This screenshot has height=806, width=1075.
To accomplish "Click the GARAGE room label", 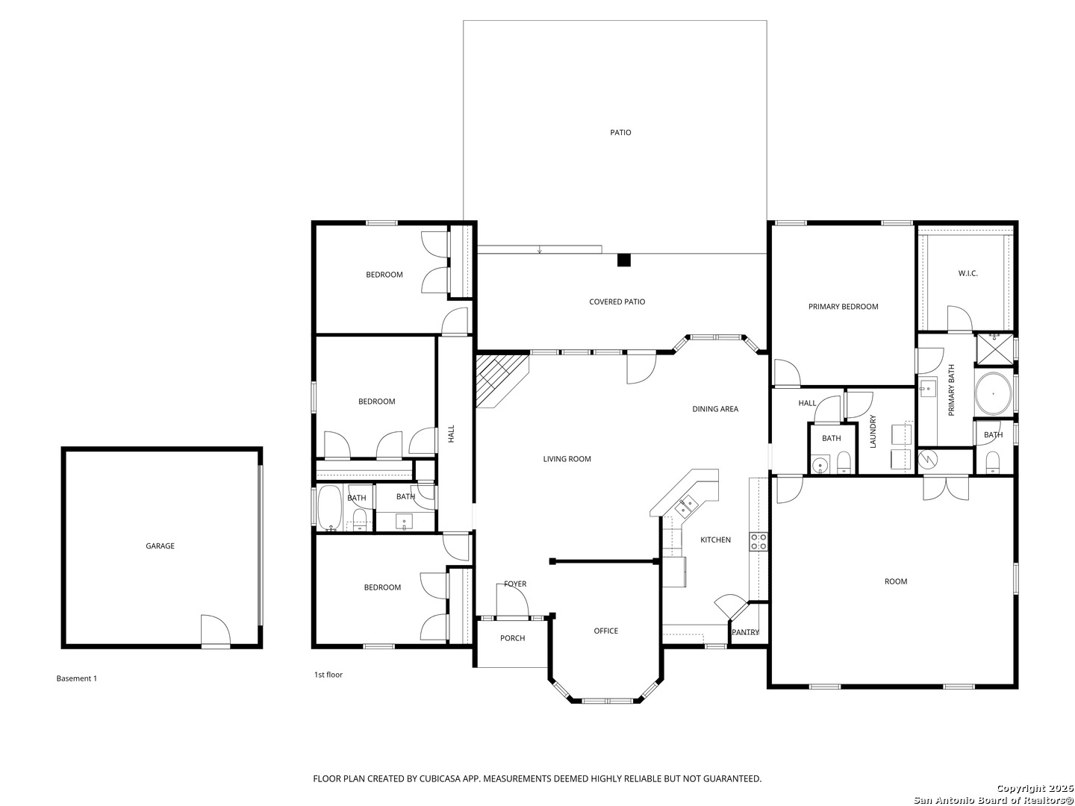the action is pyautogui.click(x=160, y=546).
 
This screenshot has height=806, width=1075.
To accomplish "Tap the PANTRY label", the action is pyautogui.click(x=745, y=632).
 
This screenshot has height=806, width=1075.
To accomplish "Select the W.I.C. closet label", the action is pyautogui.click(x=967, y=274).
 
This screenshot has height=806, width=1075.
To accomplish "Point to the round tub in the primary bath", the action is pyautogui.click(x=993, y=393).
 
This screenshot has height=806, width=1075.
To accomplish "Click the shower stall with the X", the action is pyautogui.click(x=994, y=349).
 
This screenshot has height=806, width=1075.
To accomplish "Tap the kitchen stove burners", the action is pyautogui.click(x=758, y=541).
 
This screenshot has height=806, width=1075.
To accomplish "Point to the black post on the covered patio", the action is pyautogui.click(x=623, y=260).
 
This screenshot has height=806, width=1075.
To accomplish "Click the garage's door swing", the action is pyautogui.click(x=216, y=631).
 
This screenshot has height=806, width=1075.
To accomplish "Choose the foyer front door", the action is pyautogui.click(x=512, y=602).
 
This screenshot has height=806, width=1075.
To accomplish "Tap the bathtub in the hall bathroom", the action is pyautogui.click(x=331, y=507).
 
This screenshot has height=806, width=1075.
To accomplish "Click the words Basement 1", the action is pyautogui.click(x=76, y=678).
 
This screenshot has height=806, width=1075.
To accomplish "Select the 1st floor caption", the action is pyautogui.click(x=328, y=675).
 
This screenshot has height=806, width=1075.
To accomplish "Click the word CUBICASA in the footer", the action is pyautogui.click(x=440, y=778).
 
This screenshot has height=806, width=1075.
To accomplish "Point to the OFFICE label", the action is pyautogui.click(x=606, y=631).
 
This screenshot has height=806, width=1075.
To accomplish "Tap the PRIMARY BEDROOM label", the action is pyautogui.click(x=843, y=307).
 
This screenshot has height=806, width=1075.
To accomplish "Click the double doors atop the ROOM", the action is pyautogui.click(x=946, y=488).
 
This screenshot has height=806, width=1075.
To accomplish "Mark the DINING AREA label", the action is pyautogui.click(x=715, y=409).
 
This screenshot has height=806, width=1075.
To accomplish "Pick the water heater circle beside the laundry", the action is pyautogui.click(x=928, y=458).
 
